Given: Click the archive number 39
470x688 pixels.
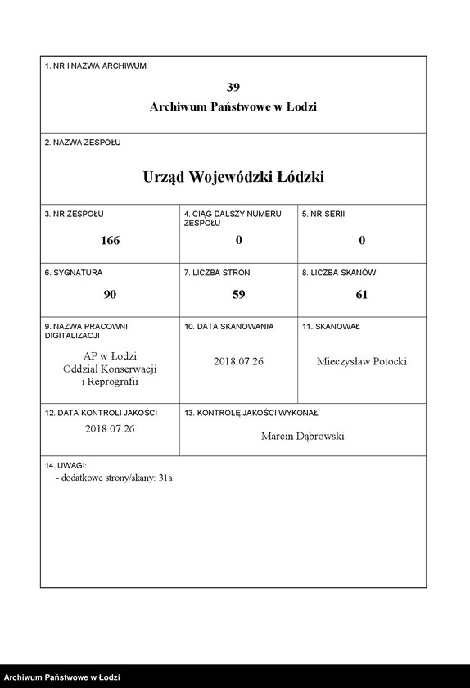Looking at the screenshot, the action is (233, 87).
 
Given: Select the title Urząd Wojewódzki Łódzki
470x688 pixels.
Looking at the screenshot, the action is (233, 177).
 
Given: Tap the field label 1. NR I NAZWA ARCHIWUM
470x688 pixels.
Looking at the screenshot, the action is (96, 66).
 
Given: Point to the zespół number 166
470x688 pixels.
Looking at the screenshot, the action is (110, 241).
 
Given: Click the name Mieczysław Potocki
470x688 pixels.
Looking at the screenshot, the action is (361, 362).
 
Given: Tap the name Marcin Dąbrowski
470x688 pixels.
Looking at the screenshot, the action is (303, 436).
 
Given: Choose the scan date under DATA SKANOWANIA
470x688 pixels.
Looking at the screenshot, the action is (239, 361).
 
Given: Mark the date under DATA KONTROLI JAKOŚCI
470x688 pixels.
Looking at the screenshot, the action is (110, 428).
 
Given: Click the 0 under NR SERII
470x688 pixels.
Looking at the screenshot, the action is (362, 241).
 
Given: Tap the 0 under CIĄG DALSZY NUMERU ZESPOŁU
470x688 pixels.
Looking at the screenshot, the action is (239, 241).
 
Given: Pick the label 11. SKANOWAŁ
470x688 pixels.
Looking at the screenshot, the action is (331, 326).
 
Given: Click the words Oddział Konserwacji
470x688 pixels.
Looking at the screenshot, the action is (110, 369).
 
